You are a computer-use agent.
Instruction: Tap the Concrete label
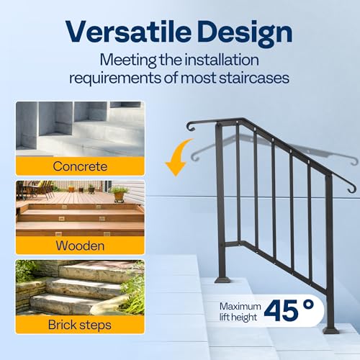80,166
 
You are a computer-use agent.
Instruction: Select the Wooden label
80,246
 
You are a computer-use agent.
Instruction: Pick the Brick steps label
80,325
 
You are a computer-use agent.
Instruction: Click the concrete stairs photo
80,130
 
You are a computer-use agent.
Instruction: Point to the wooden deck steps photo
80,209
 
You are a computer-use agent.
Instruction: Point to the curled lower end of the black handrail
351,190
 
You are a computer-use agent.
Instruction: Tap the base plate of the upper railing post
222,278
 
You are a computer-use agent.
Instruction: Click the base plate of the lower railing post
330,330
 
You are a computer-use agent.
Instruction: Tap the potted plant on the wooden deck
119,192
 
